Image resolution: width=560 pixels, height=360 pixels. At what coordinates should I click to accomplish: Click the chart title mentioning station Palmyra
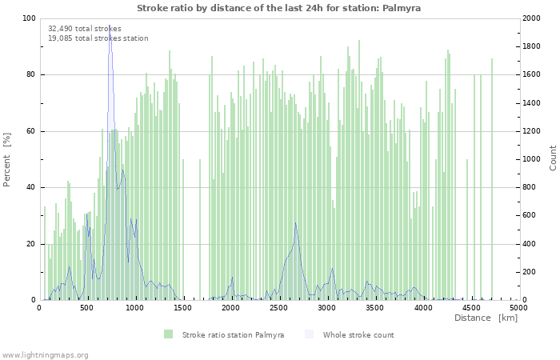(278, 8)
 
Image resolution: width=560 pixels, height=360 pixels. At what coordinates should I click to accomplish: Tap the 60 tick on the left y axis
(31, 131)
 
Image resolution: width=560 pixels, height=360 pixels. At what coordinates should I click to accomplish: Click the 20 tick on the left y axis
(31, 244)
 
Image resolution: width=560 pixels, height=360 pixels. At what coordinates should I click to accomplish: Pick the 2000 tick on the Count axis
(533, 18)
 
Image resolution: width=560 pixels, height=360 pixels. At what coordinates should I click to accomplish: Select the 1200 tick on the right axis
(533, 131)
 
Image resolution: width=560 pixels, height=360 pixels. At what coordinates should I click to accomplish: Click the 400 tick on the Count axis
(530, 244)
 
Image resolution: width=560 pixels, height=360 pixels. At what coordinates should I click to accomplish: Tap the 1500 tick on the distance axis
(183, 308)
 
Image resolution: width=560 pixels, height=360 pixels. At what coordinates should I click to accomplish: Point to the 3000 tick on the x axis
(326, 308)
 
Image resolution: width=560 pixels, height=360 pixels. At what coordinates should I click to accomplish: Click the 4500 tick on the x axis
(470, 308)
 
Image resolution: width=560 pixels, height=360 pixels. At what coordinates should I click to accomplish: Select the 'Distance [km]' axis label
(486, 318)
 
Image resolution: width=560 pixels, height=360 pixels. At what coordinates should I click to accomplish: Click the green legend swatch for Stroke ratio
(168, 334)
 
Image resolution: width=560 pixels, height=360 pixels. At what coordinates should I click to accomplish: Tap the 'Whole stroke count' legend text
(358, 334)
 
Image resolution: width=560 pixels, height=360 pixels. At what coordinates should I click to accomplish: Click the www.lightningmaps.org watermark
(45, 354)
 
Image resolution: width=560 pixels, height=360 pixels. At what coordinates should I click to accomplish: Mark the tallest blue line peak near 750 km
(110, 26)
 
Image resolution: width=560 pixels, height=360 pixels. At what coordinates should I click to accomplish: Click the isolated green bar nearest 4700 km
(492, 176)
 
